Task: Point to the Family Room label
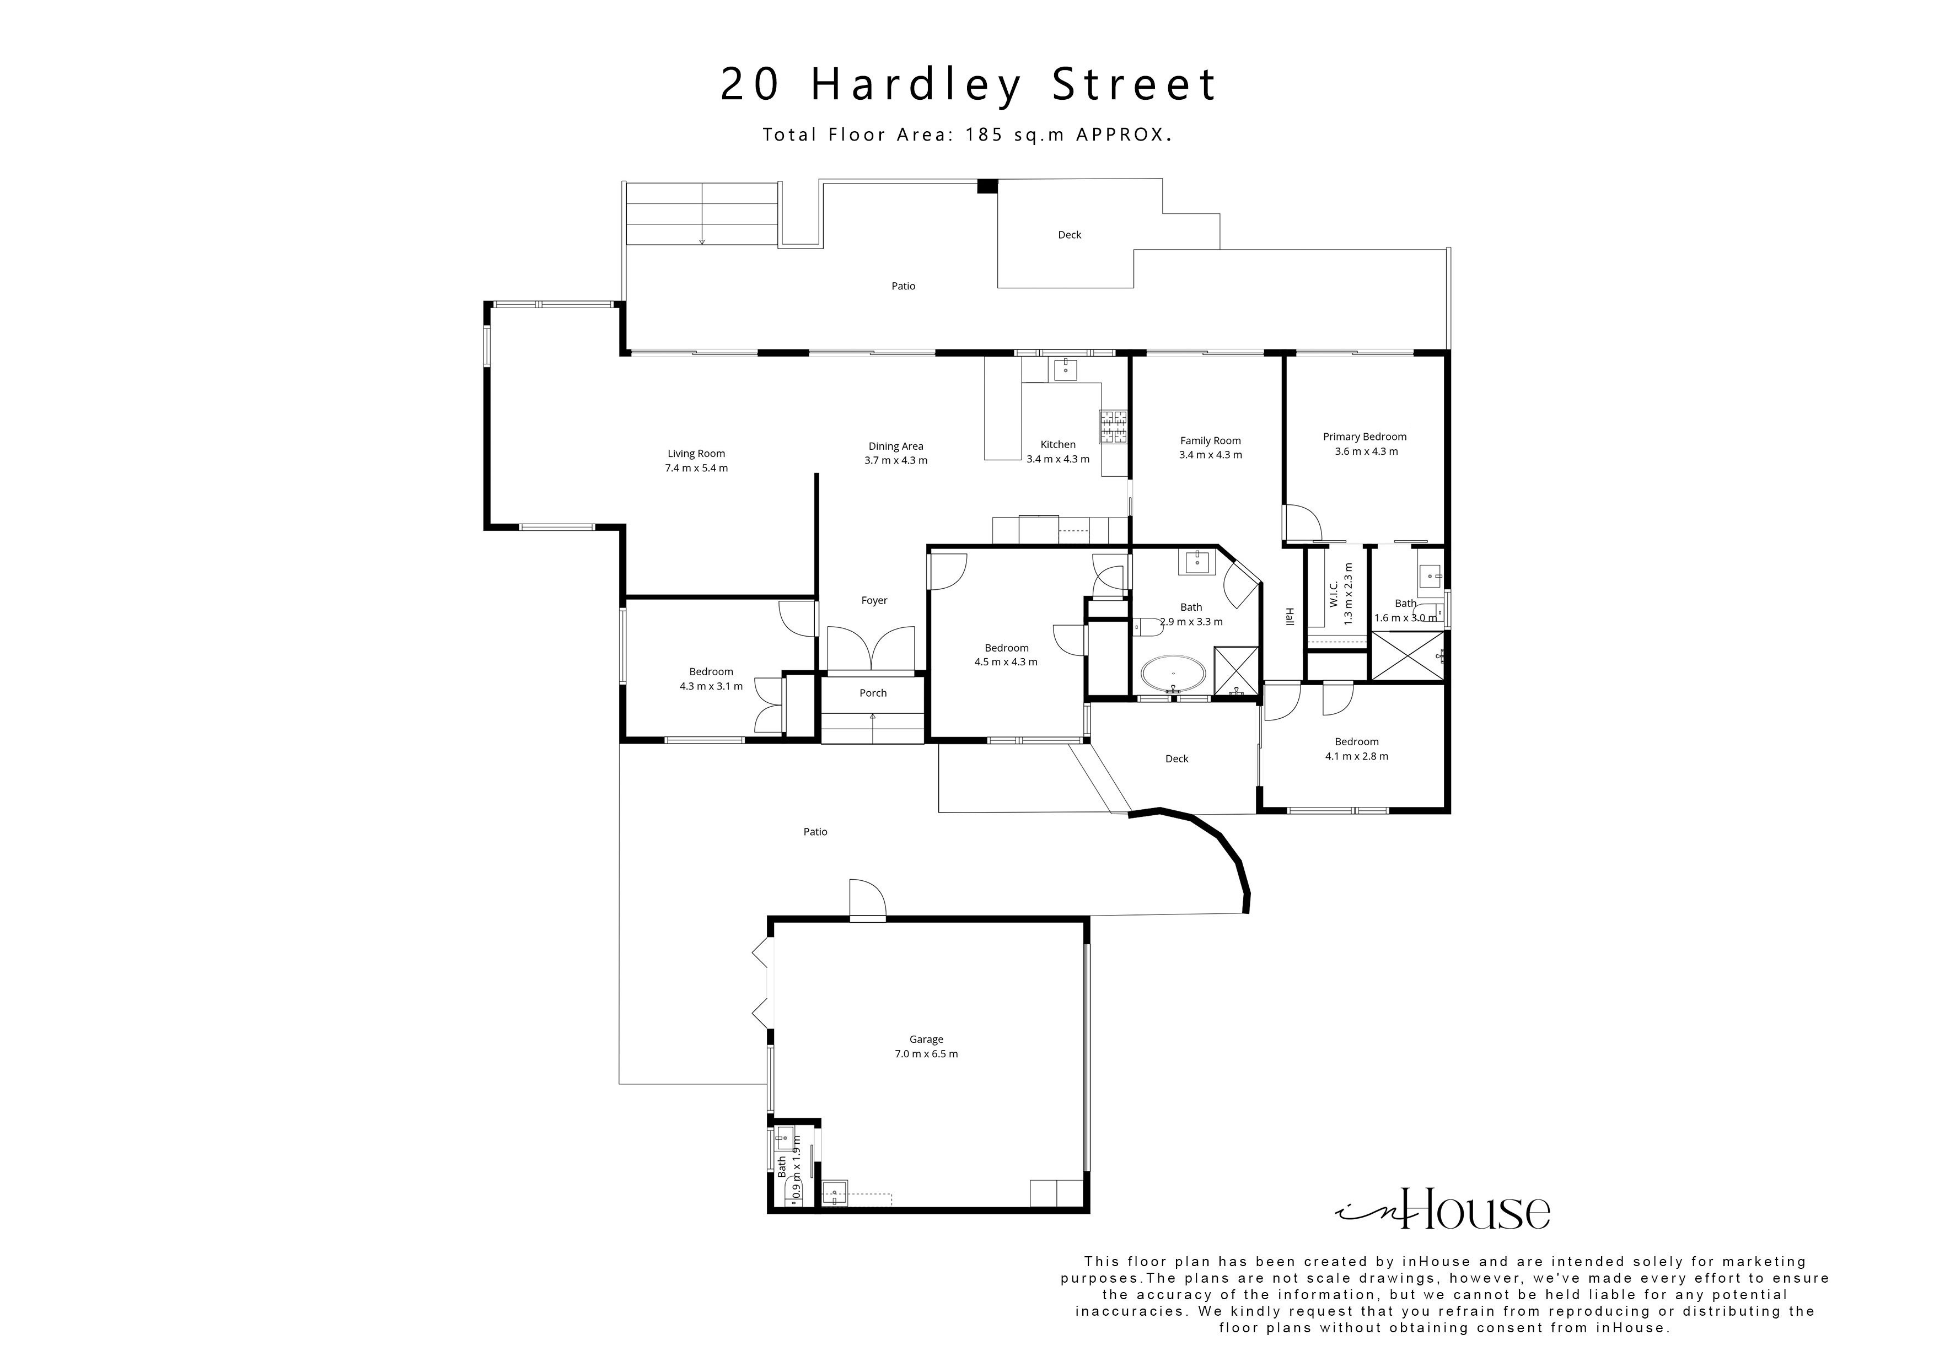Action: (x=1211, y=440)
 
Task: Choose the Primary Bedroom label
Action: (x=1364, y=437)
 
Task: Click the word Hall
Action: (x=1289, y=617)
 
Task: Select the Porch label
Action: (x=873, y=693)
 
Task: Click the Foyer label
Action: (x=874, y=600)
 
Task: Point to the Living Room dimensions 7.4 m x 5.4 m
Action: (x=697, y=469)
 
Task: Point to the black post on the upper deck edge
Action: (x=986, y=186)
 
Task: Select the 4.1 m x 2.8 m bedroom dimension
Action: (x=1356, y=756)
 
